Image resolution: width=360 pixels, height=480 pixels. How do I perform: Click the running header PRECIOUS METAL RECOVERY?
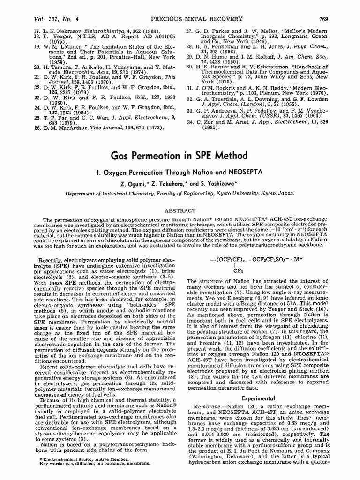(180, 6)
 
